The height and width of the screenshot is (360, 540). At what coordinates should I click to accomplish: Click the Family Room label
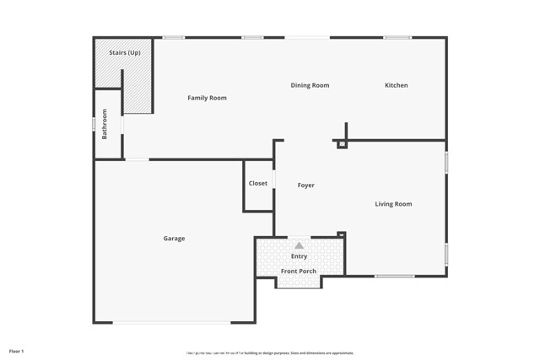207,99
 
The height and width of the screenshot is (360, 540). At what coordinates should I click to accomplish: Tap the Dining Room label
310,85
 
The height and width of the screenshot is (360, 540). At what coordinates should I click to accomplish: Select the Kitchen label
396,85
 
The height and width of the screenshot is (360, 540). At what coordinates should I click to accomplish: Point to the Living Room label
393,204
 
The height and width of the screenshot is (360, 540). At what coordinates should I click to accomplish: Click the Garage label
174,239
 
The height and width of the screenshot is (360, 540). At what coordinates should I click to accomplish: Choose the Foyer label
305,185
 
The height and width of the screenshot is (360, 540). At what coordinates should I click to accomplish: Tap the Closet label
257,184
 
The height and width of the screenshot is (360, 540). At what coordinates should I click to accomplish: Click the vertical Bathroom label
105,124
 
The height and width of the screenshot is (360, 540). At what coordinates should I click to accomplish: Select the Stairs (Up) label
124,53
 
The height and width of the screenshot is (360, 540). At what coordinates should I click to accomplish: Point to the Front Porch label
299,271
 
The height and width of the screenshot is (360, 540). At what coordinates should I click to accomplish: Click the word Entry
299,256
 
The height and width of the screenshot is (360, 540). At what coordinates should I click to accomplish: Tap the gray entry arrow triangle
299,245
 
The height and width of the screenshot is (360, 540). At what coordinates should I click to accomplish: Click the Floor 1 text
17,351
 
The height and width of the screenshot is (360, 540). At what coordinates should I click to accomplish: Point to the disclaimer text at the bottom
270,353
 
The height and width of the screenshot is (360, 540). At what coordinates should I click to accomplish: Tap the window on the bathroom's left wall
94,124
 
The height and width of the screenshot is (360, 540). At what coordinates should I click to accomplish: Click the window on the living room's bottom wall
394,277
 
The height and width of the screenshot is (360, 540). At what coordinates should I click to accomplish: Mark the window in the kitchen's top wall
397,37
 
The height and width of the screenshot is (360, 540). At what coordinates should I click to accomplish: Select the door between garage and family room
137,159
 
